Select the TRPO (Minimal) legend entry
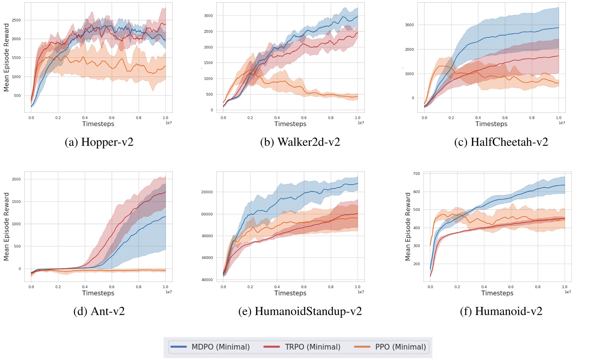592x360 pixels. [x=302, y=347]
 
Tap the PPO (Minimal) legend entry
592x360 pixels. [x=390, y=347]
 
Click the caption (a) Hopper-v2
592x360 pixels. [x=99, y=142]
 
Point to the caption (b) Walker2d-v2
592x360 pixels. [x=300, y=142]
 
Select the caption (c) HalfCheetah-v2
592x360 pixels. [x=501, y=142]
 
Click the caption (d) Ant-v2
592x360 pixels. [x=99, y=311]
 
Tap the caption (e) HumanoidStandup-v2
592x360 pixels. [x=300, y=311]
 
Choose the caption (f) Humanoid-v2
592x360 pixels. [x=501, y=311]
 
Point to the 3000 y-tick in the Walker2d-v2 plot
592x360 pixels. [x=208, y=16]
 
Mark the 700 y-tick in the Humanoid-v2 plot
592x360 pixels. [x=417, y=174]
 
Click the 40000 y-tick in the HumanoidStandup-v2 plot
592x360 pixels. [x=207, y=280]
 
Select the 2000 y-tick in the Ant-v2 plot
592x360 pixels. [x=16, y=180]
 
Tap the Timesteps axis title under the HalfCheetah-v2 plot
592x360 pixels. [x=491, y=124]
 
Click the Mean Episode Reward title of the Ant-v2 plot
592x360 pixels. [x=6, y=226]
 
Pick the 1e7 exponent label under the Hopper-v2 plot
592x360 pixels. [x=169, y=123]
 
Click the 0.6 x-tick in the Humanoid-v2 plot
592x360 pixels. [x=511, y=287]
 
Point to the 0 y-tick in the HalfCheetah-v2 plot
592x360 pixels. [x=413, y=98]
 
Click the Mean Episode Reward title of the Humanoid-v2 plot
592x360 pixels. [x=408, y=226]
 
